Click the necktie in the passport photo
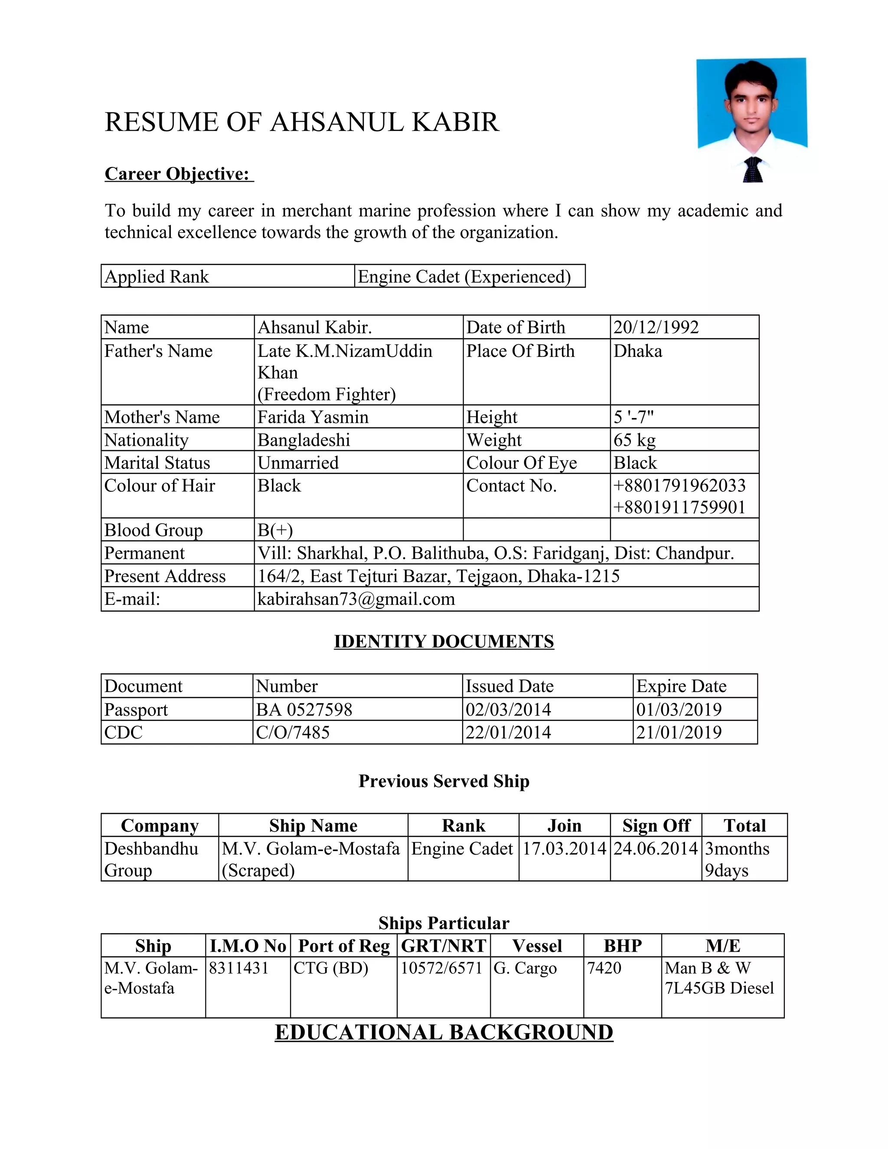coord(752,170)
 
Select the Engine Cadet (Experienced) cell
coord(464,277)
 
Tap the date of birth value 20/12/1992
coord(656,327)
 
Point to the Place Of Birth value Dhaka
coord(637,351)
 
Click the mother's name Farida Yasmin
coord(313,417)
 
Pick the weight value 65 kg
coord(634,440)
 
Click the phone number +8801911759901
coord(679,507)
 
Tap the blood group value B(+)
coord(274,530)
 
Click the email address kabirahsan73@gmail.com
coord(356,599)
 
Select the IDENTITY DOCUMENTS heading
coord(444,641)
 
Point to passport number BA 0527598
coord(304,710)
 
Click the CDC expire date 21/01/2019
coord(678,732)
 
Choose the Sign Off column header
coord(656,826)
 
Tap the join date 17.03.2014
coord(564,849)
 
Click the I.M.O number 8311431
coord(238,968)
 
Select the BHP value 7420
coord(604,968)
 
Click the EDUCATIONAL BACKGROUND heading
coord(444,1032)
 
